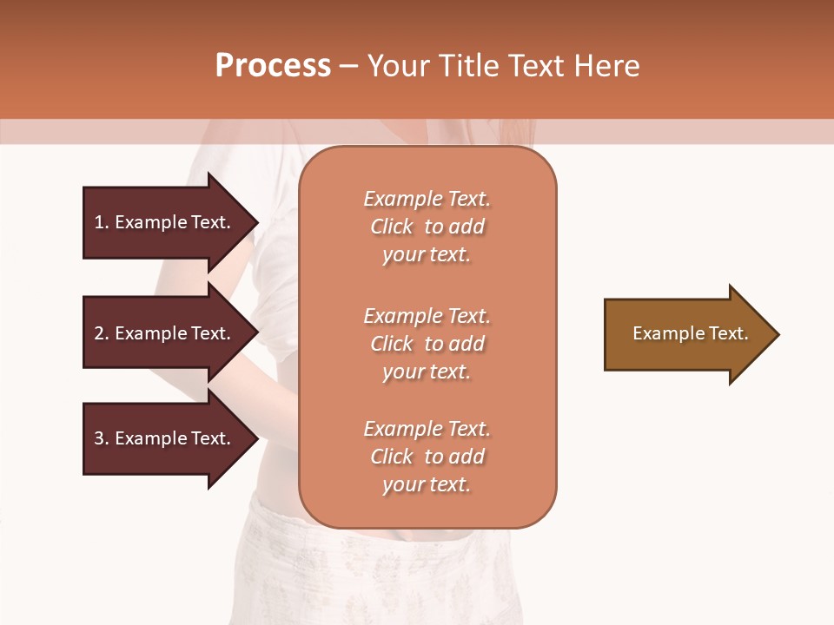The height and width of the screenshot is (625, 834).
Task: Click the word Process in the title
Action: (x=273, y=66)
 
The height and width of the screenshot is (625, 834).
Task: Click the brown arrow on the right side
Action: (x=686, y=334)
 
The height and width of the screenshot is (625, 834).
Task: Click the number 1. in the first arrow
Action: (x=102, y=222)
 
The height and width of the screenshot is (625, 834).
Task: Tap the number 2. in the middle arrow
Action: (x=102, y=333)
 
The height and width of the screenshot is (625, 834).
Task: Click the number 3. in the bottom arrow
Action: (x=102, y=438)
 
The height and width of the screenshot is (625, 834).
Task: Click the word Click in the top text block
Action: (x=392, y=227)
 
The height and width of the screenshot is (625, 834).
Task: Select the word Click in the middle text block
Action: (x=392, y=344)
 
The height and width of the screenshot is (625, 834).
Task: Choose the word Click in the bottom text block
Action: (x=392, y=457)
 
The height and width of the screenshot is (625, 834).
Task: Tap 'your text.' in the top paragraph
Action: (x=427, y=254)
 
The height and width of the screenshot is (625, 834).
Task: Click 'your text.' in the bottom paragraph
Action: (x=427, y=484)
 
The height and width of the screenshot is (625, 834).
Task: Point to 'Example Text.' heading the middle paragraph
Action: (x=427, y=316)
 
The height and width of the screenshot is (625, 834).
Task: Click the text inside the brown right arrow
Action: (x=690, y=333)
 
